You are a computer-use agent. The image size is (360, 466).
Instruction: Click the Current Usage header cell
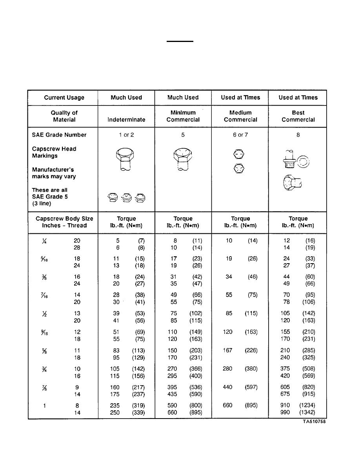64,98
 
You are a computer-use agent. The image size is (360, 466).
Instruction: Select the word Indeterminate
126,120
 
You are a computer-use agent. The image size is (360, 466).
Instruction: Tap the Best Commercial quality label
298,116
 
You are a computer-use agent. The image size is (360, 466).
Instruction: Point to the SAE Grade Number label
59,135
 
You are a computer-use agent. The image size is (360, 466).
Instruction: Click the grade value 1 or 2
126,135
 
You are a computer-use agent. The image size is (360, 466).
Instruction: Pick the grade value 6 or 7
240,135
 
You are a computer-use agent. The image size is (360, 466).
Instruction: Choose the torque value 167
227,350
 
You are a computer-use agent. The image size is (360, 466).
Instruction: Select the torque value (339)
137,412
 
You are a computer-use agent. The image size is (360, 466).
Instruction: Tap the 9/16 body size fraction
45,332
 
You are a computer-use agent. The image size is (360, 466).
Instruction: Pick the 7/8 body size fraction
45,388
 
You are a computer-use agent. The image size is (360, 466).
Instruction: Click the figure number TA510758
314,422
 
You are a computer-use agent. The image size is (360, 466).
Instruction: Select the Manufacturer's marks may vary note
54,173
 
